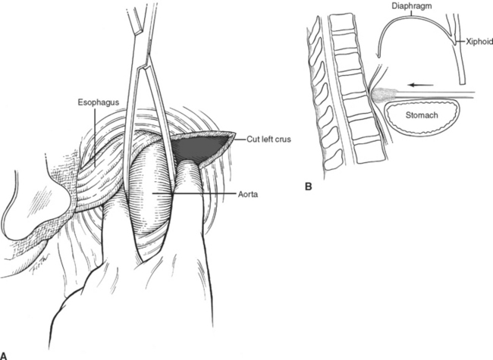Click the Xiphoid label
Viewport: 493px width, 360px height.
tap(475, 45)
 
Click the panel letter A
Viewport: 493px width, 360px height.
tap(5, 353)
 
